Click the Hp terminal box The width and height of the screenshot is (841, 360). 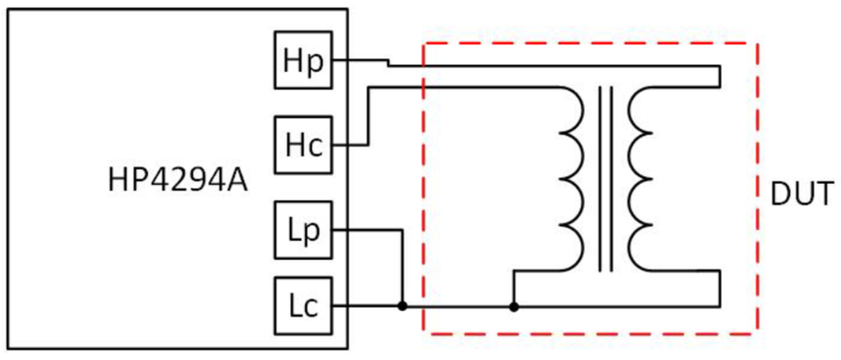pos(303,60)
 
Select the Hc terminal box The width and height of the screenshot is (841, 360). pos(303,145)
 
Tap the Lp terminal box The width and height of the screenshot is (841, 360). pos(303,230)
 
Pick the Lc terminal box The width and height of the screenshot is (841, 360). pos(303,306)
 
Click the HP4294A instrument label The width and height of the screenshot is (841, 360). pos(178,181)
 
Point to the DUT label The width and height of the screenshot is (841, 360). pos(802,194)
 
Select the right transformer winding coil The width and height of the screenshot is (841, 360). pos(640,179)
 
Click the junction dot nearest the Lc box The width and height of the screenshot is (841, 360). pos(403,306)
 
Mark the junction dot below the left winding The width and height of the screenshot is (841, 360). pos(514,307)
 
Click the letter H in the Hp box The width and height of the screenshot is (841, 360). pos(293,60)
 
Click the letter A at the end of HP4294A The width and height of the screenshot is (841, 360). pos(236,181)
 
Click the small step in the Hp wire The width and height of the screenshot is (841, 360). pos(388,63)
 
